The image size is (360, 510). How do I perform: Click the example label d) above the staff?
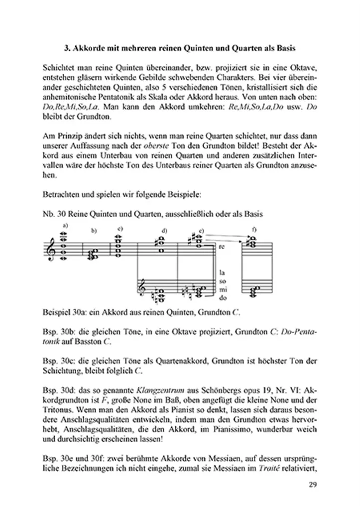tap(164, 231)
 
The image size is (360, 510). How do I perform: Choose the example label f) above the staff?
tap(254, 230)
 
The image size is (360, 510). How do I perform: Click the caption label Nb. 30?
tap(54, 213)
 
